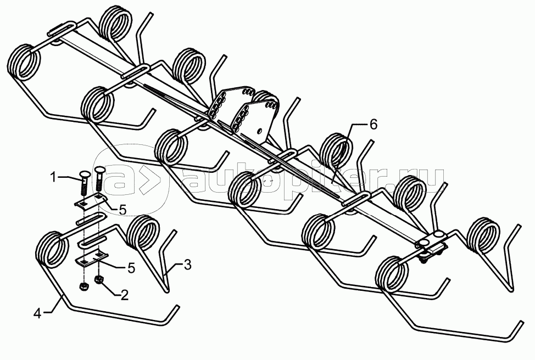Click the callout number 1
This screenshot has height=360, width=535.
point(54,177)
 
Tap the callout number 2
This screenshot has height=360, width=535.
point(124,295)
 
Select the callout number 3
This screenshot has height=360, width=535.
point(187,265)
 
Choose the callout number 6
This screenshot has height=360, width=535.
point(374,125)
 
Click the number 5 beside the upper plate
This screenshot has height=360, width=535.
point(122,210)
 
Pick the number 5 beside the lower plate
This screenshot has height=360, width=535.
point(131,268)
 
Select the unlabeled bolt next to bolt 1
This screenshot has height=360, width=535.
point(99,179)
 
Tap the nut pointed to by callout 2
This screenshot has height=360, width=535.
point(99,280)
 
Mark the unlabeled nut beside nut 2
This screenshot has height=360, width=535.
point(83,286)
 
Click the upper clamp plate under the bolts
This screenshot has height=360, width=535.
point(91,201)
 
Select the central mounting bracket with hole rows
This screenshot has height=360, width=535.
point(244,111)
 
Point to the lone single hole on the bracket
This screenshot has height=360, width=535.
point(260,130)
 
